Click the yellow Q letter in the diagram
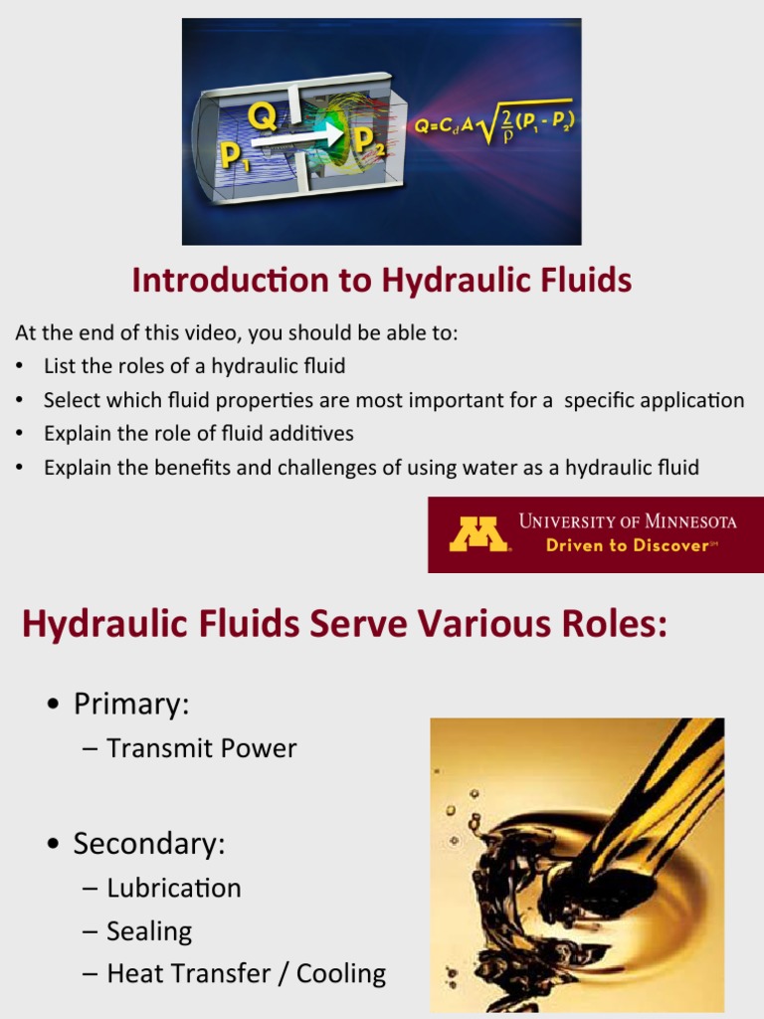[263, 119]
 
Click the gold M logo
[478, 534]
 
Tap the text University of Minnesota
[628, 521]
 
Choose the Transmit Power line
[201, 748]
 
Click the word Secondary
[149, 844]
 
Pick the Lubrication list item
[173, 888]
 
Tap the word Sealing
[149, 931]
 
